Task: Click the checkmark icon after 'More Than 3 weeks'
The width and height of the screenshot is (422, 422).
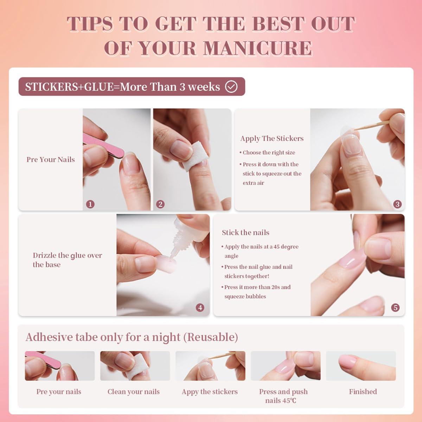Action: point(231,87)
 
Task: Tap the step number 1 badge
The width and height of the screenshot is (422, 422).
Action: point(90,204)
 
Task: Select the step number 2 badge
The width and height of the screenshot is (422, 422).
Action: point(160,204)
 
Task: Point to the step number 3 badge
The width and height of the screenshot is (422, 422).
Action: point(397,204)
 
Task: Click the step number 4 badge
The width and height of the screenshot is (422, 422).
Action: point(200,308)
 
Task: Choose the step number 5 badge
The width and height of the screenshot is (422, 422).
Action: point(395,308)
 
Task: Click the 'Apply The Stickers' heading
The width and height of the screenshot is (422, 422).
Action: point(271,139)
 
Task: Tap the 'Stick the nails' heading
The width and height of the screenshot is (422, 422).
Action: point(245,232)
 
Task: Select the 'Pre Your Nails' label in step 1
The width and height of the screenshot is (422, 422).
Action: point(51,160)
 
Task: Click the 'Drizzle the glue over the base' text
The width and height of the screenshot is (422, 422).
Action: point(67,260)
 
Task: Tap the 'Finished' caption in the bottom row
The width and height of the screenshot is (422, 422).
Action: point(363,392)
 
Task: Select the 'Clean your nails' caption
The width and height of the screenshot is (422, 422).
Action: point(134,392)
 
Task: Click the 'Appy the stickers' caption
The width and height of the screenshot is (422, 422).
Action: point(210,392)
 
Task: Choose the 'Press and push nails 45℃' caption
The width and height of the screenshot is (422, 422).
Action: point(283,396)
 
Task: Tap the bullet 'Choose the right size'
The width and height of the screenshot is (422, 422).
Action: point(269,153)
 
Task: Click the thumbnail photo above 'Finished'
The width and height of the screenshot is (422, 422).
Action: point(361,366)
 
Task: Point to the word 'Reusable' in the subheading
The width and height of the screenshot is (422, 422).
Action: point(212,337)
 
